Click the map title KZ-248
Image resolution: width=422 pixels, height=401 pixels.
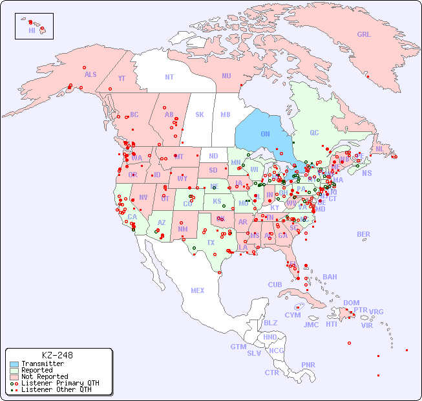point(58,355)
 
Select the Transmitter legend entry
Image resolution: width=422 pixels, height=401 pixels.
point(42,363)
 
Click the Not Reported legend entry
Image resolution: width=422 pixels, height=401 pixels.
point(44,376)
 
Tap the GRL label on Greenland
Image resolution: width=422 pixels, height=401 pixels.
point(364,34)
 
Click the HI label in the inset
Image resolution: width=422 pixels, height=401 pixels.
point(32,30)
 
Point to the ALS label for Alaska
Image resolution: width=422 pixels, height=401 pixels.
point(90,74)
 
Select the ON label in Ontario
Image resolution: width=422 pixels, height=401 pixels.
point(265,134)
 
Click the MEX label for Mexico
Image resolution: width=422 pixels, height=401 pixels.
point(198,290)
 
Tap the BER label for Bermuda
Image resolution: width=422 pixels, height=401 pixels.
point(364,234)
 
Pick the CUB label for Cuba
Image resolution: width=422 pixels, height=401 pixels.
point(275,285)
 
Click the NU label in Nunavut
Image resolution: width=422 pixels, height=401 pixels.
point(226,76)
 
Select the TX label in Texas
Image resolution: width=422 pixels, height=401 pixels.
point(211,243)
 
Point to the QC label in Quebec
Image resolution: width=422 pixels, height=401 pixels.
point(314,133)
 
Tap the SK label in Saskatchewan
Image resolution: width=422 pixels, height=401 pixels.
point(200,114)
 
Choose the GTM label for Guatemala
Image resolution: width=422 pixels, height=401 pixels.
point(238,347)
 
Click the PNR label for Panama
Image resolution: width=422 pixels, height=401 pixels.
point(308,365)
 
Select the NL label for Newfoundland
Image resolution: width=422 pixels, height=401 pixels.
point(379,148)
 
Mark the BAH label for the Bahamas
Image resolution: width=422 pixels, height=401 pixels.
point(330,277)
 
